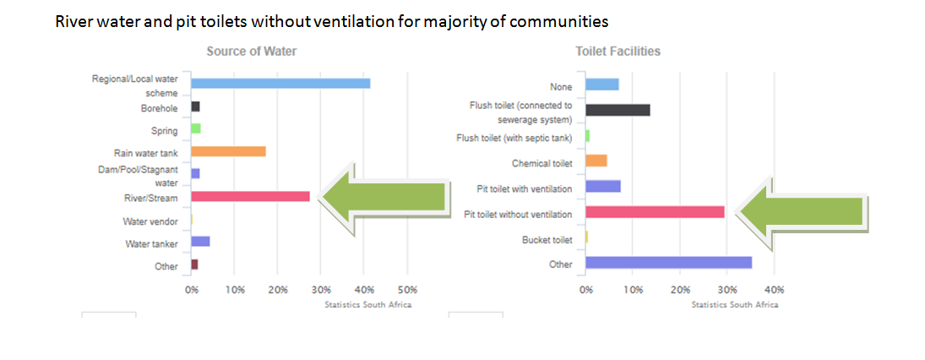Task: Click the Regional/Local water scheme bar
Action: tap(280, 83)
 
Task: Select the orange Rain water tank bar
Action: tap(228, 151)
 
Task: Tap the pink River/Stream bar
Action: tap(250, 196)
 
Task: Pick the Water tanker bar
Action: tap(200, 241)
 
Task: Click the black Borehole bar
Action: tap(195, 106)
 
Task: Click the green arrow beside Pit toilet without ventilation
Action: tap(798, 212)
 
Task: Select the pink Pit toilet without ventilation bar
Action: tap(655, 211)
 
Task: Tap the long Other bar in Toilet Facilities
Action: tap(668, 262)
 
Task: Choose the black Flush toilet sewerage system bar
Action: tap(618, 110)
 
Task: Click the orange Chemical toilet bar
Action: tap(596, 161)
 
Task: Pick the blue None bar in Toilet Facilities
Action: tap(602, 85)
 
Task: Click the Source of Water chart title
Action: tap(252, 52)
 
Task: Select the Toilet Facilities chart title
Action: tap(618, 52)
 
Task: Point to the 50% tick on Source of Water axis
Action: tap(407, 290)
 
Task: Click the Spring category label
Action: tap(164, 131)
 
